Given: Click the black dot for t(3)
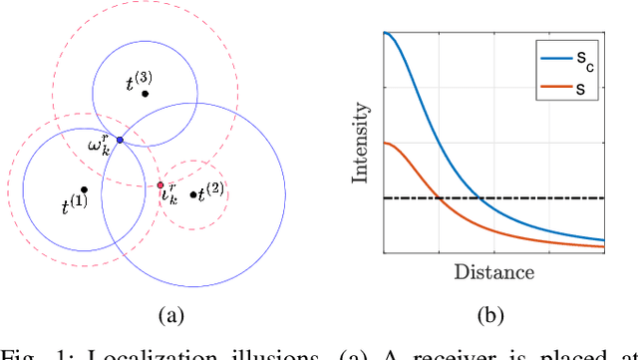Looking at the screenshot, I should [146, 94].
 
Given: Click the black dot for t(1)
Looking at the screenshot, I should [85, 188].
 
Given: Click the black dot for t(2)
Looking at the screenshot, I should [192, 193].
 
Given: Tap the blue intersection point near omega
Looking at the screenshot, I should [120, 141].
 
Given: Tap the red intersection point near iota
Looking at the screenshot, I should [159, 184].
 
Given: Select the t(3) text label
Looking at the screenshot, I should [137, 84].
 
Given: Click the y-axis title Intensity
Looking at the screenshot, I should [361, 146].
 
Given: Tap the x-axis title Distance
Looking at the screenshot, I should [493, 271].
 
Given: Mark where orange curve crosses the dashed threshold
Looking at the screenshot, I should [439, 197].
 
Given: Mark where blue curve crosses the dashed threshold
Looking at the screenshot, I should [480, 197].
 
